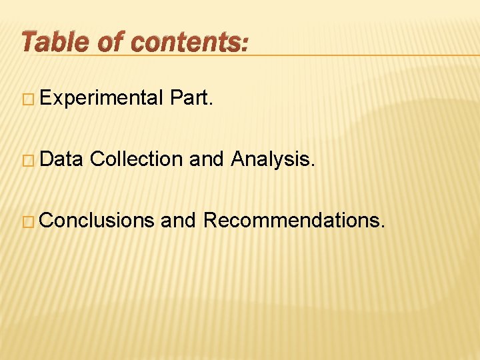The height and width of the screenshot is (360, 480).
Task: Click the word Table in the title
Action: click(x=55, y=41)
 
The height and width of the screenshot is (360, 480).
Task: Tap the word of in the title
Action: click(x=112, y=41)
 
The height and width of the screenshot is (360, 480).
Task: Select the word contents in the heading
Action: click(x=185, y=41)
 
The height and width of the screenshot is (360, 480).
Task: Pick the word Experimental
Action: click(x=101, y=99)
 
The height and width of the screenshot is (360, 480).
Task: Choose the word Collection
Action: click(x=136, y=159)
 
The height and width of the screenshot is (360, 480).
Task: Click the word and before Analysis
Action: click(x=207, y=159)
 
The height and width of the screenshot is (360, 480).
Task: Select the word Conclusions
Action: click(x=97, y=219)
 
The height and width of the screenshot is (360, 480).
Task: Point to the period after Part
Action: click(x=212, y=105)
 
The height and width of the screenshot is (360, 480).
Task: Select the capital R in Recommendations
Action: click(x=209, y=219)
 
